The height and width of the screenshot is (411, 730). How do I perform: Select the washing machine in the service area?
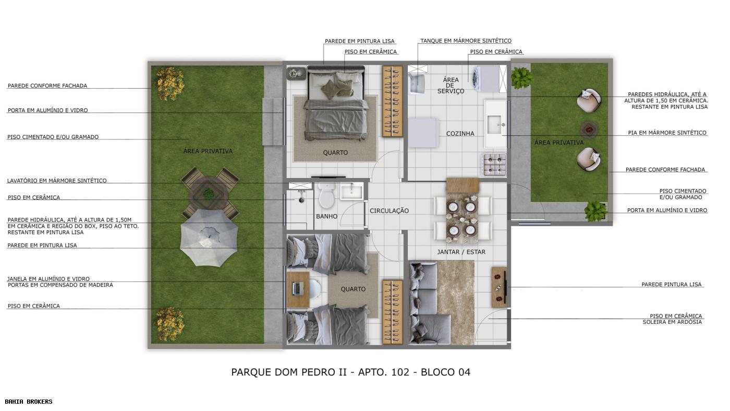tap(482, 78)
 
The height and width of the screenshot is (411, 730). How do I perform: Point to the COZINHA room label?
tap(460, 134)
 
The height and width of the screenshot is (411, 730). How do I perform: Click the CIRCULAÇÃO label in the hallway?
tap(389, 211)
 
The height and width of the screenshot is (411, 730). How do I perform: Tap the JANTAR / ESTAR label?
tap(461, 252)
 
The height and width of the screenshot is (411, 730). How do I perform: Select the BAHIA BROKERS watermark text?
tap(29, 402)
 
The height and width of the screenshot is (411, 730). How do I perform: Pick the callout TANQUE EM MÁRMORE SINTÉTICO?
tap(466, 41)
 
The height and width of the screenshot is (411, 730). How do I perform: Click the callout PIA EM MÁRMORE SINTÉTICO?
tap(667, 133)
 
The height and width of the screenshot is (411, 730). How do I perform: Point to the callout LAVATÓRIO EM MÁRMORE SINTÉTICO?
tap(57, 181)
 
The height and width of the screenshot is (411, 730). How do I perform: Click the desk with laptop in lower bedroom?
tap(299, 289)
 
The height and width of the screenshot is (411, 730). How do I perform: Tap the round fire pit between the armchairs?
tap(589, 128)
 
